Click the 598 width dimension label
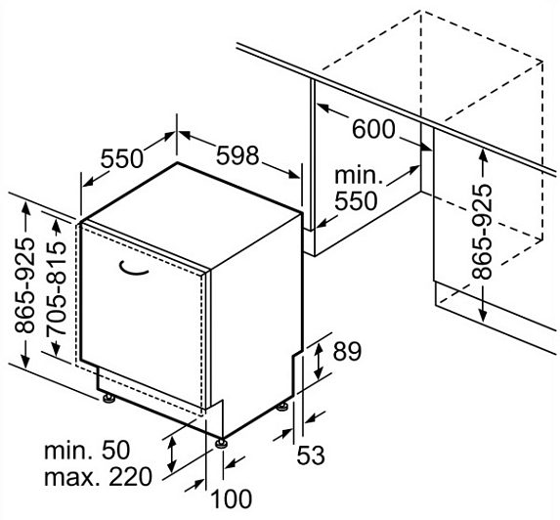237,155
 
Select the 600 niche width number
374,129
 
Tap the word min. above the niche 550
359,175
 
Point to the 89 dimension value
347,351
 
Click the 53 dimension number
311,455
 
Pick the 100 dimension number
232,498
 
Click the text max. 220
98,476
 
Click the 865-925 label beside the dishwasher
25,285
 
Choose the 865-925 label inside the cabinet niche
482,231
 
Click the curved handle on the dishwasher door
133,269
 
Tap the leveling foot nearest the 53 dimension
282,407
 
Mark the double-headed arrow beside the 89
318,360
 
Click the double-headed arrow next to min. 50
172,454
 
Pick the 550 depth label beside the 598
122,158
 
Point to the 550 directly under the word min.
356,200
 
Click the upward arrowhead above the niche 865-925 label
483,155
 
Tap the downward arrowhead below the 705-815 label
57,349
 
